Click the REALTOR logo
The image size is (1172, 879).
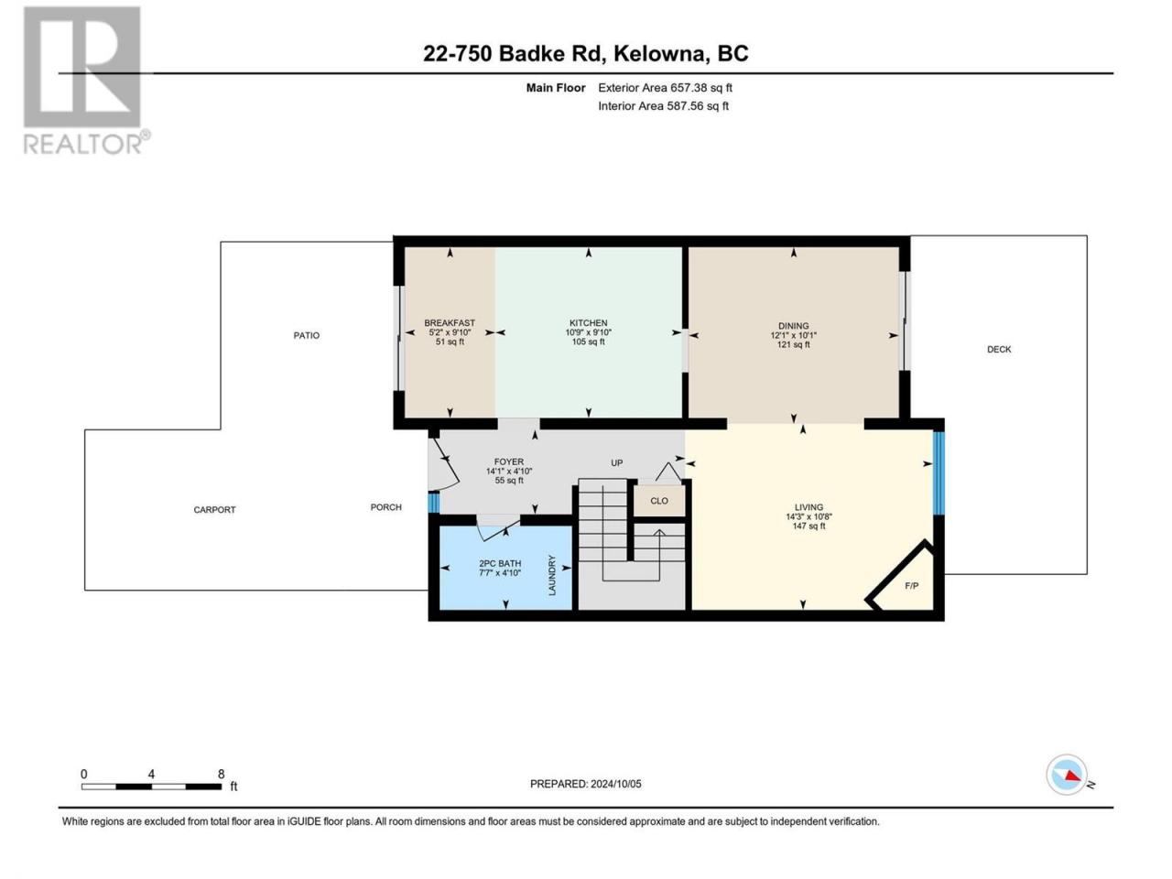(x=84, y=80)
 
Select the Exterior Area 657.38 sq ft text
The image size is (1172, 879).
(x=666, y=88)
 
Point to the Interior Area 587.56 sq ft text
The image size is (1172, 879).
(x=663, y=105)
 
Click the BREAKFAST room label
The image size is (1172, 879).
(x=450, y=323)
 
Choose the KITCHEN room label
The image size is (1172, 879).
(x=589, y=323)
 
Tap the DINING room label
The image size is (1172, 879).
(x=794, y=326)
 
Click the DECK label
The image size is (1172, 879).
(x=999, y=349)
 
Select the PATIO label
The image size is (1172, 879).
(x=307, y=335)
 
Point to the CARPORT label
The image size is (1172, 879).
(x=214, y=510)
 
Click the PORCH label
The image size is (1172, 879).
(x=386, y=507)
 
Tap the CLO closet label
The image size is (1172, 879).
(x=659, y=501)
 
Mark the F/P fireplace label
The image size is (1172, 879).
(x=912, y=585)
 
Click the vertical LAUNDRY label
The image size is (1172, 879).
(x=552, y=575)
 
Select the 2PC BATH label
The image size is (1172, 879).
(x=500, y=563)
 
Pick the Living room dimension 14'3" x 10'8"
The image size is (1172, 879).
(x=808, y=516)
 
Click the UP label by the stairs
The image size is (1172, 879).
(x=617, y=462)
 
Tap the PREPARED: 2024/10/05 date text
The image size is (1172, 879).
(x=586, y=784)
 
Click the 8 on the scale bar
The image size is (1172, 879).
(x=221, y=774)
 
